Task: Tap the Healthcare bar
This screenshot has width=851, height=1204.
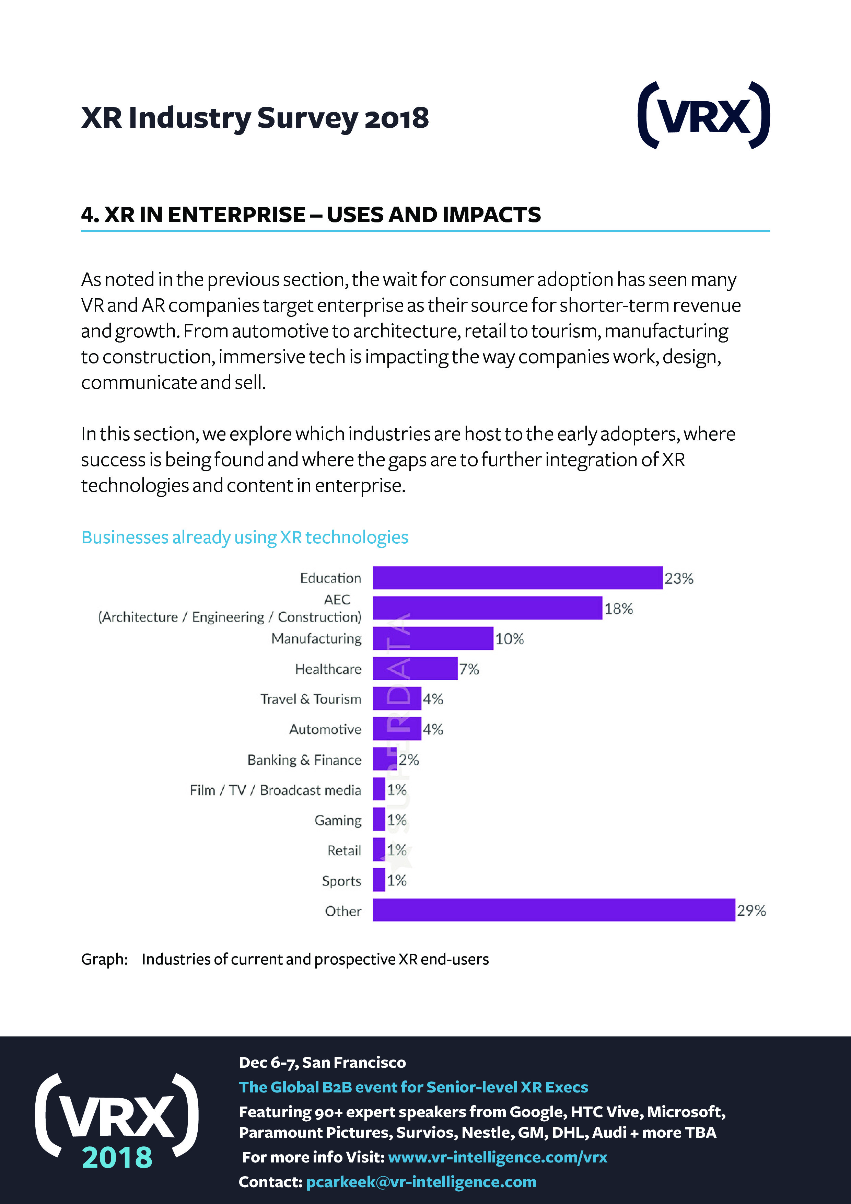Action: [x=415, y=669]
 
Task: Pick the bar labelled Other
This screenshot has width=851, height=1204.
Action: [x=554, y=910]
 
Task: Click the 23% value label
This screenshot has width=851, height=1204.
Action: [x=679, y=578]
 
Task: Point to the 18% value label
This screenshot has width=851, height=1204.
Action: [x=619, y=609]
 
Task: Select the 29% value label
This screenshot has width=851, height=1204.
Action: [x=751, y=910]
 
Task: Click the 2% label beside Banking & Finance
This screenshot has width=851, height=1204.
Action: [x=408, y=760]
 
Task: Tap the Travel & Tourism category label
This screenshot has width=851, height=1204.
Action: [x=311, y=699]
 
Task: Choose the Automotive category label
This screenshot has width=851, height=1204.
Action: [x=325, y=729]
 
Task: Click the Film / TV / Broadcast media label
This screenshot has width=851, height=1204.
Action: [x=275, y=790]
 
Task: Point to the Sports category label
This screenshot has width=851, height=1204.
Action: [x=341, y=881]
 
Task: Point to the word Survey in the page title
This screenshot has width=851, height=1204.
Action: [x=307, y=118]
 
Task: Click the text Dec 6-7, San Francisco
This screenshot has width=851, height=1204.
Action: [x=322, y=1062]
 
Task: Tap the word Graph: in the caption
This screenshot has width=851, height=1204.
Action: [x=104, y=959]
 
